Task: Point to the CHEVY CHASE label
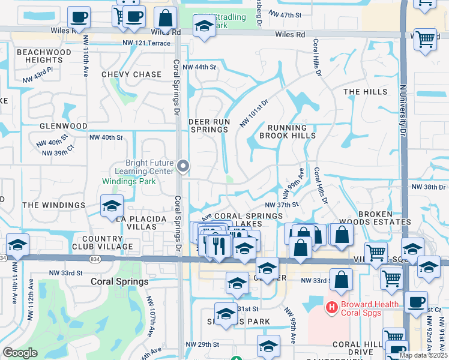(x=131, y=74)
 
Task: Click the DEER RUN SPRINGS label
(x=209, y=125)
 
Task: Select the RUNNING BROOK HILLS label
(x=287, y=131)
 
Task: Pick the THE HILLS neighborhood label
(x=366, y=92)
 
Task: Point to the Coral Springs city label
(x=119, y=281)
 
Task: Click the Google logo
(x=20, y=353)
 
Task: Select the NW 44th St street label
(x=199, y=67)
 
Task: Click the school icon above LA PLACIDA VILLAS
(x=112, y=205)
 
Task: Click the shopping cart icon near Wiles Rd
(x=426, y=39)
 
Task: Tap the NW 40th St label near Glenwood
(x=106, y=137)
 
